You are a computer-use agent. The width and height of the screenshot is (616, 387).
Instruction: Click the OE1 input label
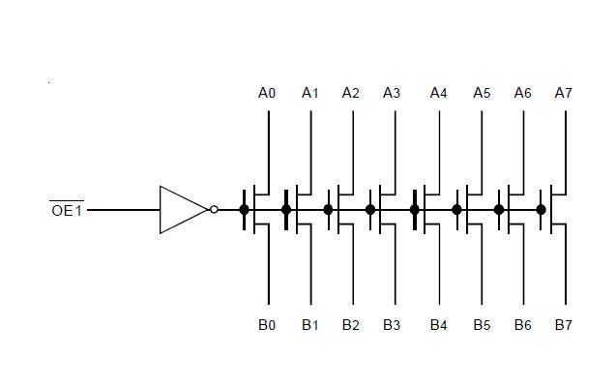[67, 210]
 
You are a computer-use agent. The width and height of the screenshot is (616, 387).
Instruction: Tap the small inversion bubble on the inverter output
[214, 209]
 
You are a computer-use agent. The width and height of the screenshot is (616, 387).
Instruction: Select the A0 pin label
[267, 93]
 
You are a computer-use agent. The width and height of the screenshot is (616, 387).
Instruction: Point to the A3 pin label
[392, 93]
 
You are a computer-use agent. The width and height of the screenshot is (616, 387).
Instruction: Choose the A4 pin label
[439, 93]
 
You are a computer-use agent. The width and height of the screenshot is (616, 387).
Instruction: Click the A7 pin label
[564, 93]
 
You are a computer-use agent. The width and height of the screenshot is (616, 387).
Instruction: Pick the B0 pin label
[267, 325]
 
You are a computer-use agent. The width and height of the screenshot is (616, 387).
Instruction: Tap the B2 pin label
[350, 325]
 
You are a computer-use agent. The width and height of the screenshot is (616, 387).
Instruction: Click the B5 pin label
[482, 325]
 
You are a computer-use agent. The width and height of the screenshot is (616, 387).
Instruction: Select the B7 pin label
[564, 325]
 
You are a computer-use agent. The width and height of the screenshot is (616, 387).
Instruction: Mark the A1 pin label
[309, 93]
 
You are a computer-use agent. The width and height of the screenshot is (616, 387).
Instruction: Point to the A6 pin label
[522, 93]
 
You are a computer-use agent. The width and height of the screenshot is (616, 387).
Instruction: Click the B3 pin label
[392, 325]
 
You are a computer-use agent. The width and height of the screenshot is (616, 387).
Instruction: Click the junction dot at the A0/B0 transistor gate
[245, 209]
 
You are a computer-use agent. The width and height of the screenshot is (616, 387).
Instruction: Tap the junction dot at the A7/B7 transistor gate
[541, 209]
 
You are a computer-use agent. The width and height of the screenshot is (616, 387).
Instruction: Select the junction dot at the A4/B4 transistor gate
[415, 209]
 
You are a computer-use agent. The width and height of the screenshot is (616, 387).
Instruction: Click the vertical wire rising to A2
[352, 145]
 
